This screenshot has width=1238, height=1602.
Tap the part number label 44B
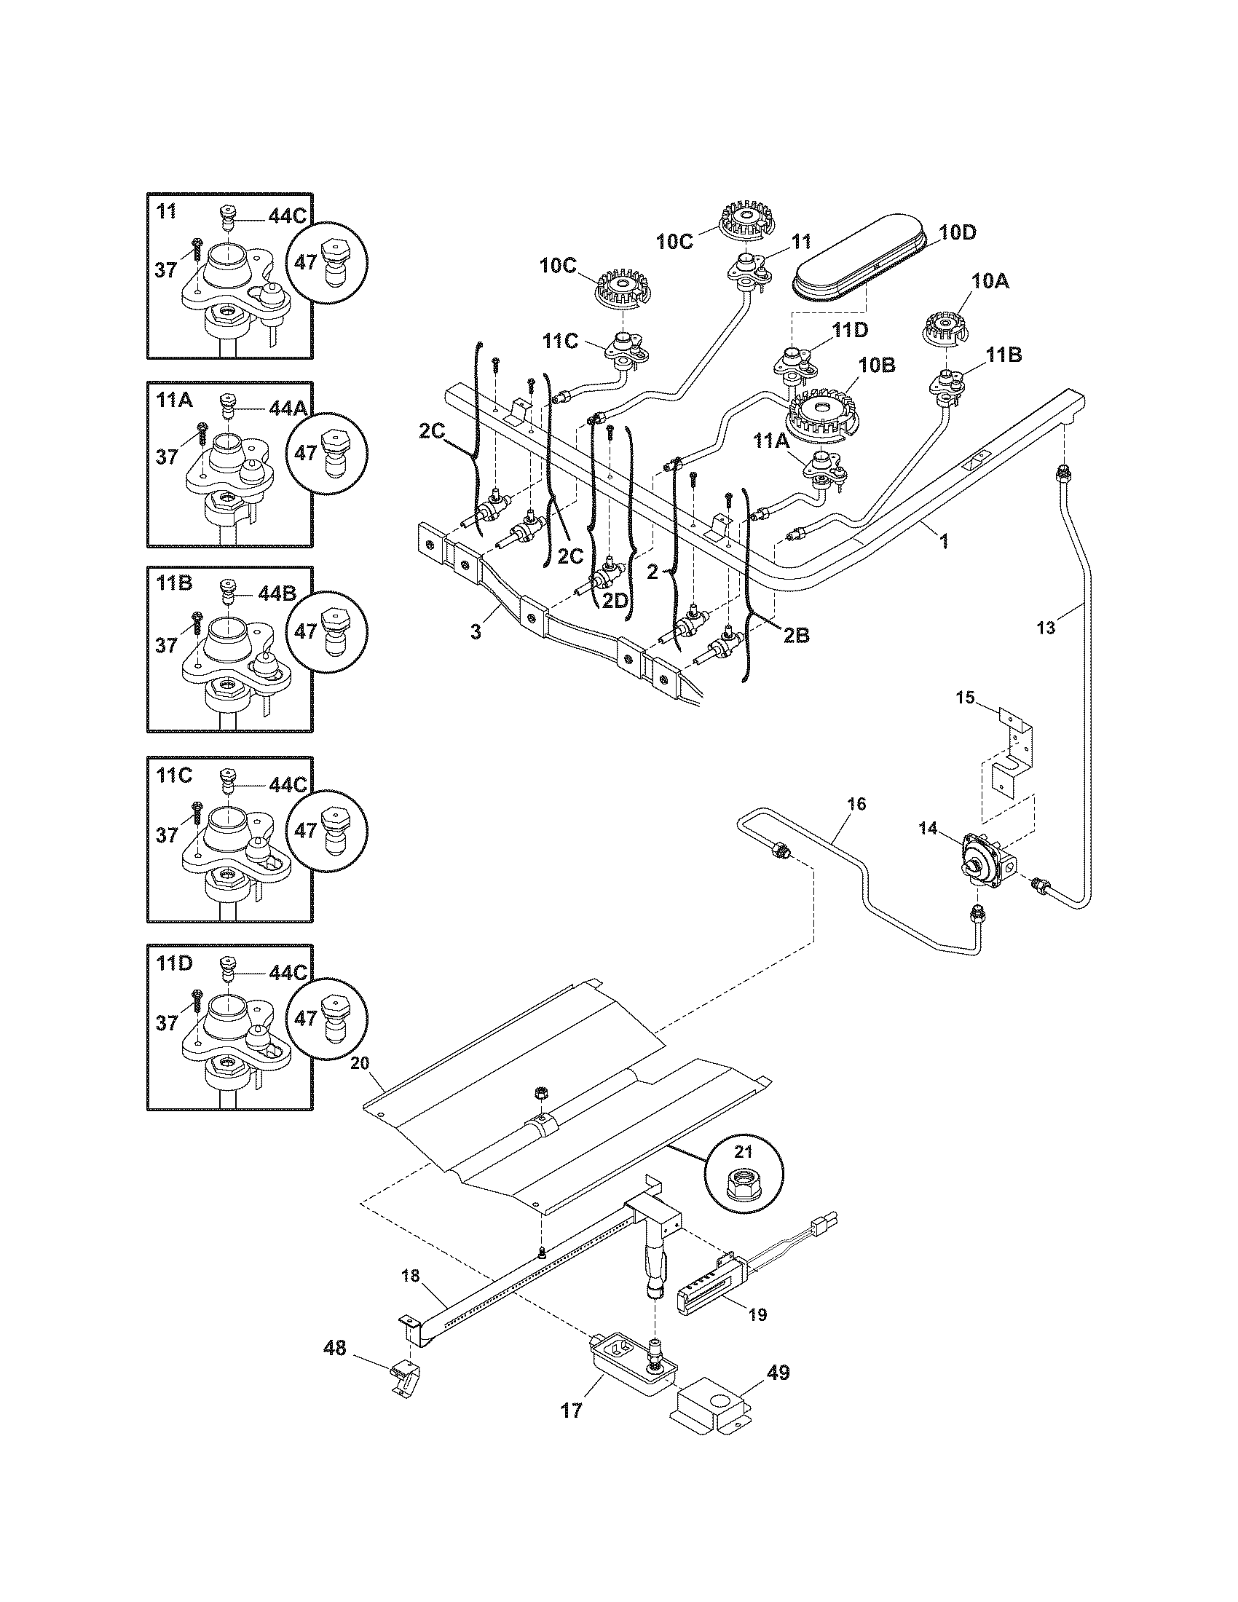(277, 594)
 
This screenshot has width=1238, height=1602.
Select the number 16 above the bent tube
(856, 804)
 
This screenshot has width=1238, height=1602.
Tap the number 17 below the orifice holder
(572, 1410)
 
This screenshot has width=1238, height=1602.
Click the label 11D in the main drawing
(850, 330)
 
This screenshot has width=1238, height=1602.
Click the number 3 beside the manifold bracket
(476, 631)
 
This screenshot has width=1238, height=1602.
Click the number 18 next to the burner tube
(411, 1276)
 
